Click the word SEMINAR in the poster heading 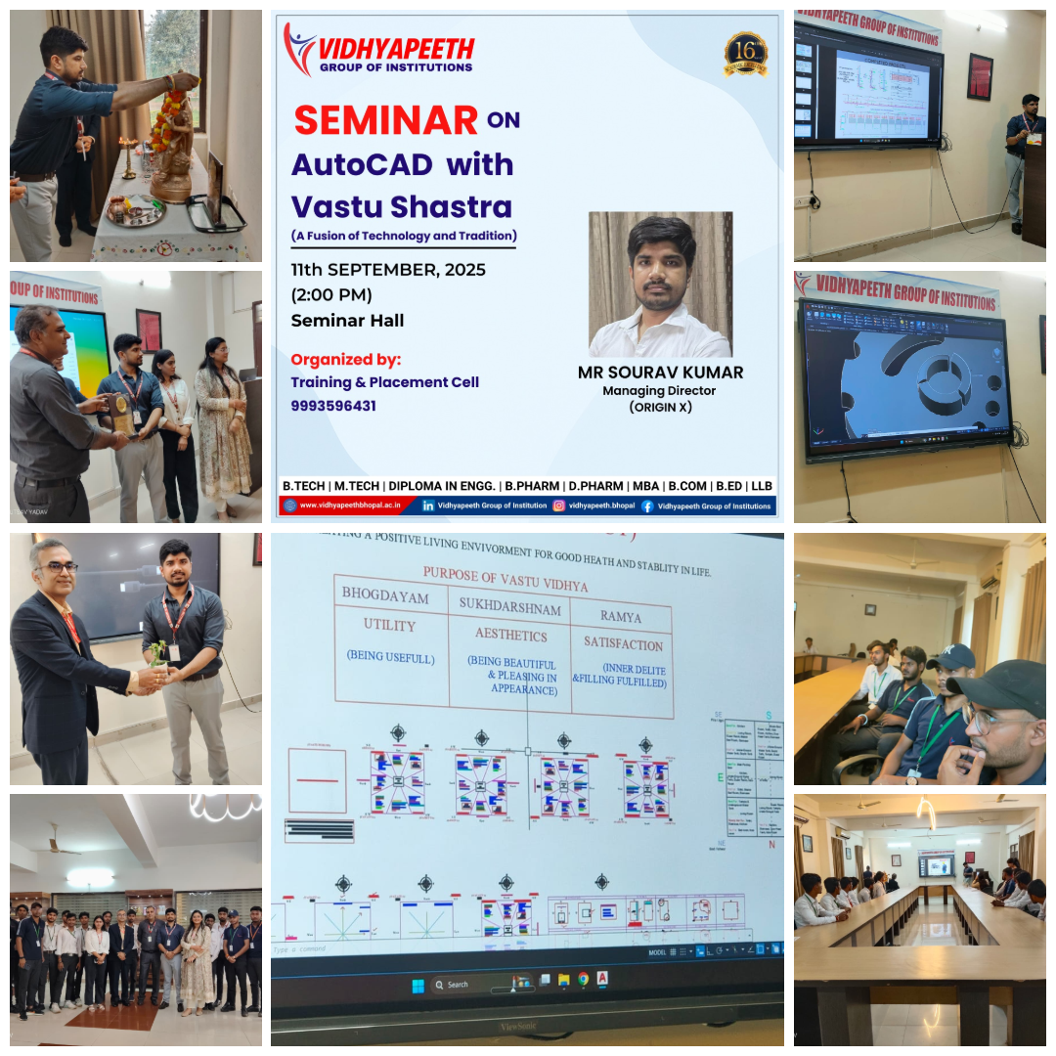click(x=386, y=120)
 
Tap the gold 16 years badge click(x=746, y=55)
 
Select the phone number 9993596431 click(x=333, y=405)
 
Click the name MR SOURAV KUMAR click(x=660, y=372)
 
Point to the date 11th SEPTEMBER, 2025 click(x=388, y=270)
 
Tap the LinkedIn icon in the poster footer click(x=428, y=506)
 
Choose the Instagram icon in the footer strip click(x=558, y=506)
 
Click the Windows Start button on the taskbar click(x=418, y=985)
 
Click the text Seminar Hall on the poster click(x=347, y=320)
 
